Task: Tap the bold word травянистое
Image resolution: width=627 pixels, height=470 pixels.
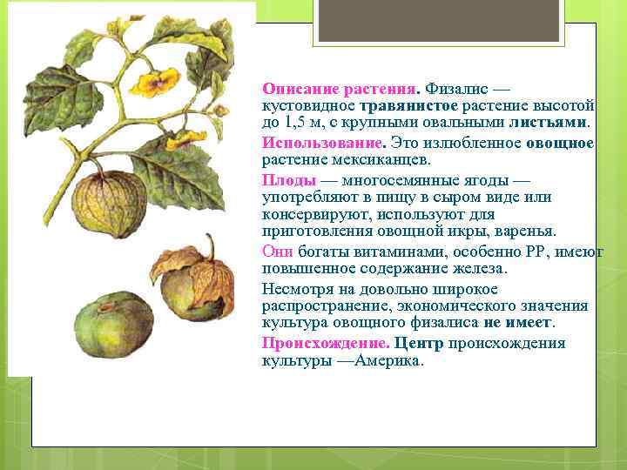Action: pos(403,105)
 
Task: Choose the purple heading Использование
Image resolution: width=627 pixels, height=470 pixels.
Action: pos(322,143)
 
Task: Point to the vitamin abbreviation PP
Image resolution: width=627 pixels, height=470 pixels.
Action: pos(535,252)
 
